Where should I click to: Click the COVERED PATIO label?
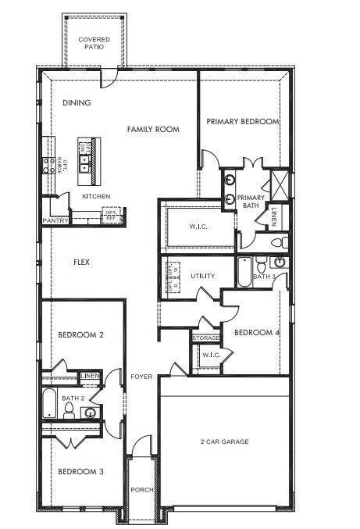pos(93,42)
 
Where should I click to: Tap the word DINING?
pos(77,102)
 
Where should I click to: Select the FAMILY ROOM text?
pos(153,129)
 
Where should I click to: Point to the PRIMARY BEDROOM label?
pos(242,122)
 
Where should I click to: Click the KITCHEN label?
pos(96,196)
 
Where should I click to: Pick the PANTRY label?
pos(56,220)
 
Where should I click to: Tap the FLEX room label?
pos(81,262)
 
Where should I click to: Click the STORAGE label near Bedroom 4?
pos(206,338)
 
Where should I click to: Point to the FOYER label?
pos(141,376)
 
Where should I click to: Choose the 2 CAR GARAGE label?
pos(224,441)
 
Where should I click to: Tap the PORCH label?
pos(141,490)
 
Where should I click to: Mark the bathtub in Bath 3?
pos(244,271)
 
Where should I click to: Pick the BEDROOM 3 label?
pos(80,471)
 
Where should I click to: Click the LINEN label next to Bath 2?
pos(90,377)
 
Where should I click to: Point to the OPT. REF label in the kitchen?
pos(112,213)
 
